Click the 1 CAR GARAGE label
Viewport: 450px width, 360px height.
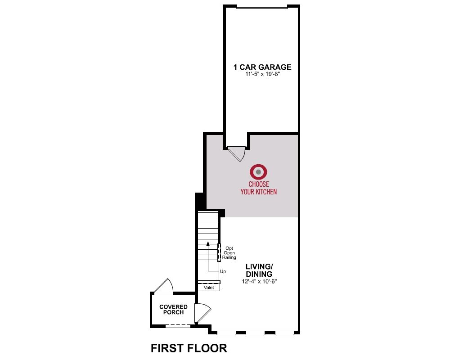click(x=262, y=67)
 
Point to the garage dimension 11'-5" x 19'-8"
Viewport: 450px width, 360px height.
click(x=262, y=74)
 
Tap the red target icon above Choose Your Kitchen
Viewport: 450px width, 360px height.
click(x=259, y=172)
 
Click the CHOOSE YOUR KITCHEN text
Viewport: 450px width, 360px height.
click(x=259, y=188)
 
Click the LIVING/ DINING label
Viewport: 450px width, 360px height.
click(x=259, y=270)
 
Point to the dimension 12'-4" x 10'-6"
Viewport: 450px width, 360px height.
click(x=259, y=282)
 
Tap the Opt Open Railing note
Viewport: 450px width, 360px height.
click(x=229, y=253)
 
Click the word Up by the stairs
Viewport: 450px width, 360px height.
click(x=223, y=271)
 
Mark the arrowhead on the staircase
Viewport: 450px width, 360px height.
click(x=208, y=244)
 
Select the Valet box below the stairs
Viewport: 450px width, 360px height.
click(x=209, y=288)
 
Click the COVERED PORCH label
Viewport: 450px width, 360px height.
click(x=173, y=310)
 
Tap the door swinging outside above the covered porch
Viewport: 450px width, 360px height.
click(x=163, y=287)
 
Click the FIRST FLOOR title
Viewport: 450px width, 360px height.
click(x=189, y=348)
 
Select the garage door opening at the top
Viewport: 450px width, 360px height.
click(x=262, y=7)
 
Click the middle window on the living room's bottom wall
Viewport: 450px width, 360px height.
click(x=256, y=333)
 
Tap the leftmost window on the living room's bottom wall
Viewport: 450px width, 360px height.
click(x=226, y=333)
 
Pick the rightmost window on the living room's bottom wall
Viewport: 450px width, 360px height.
click(x=285, y=333)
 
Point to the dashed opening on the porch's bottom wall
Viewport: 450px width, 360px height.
click(x=178, y=326)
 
